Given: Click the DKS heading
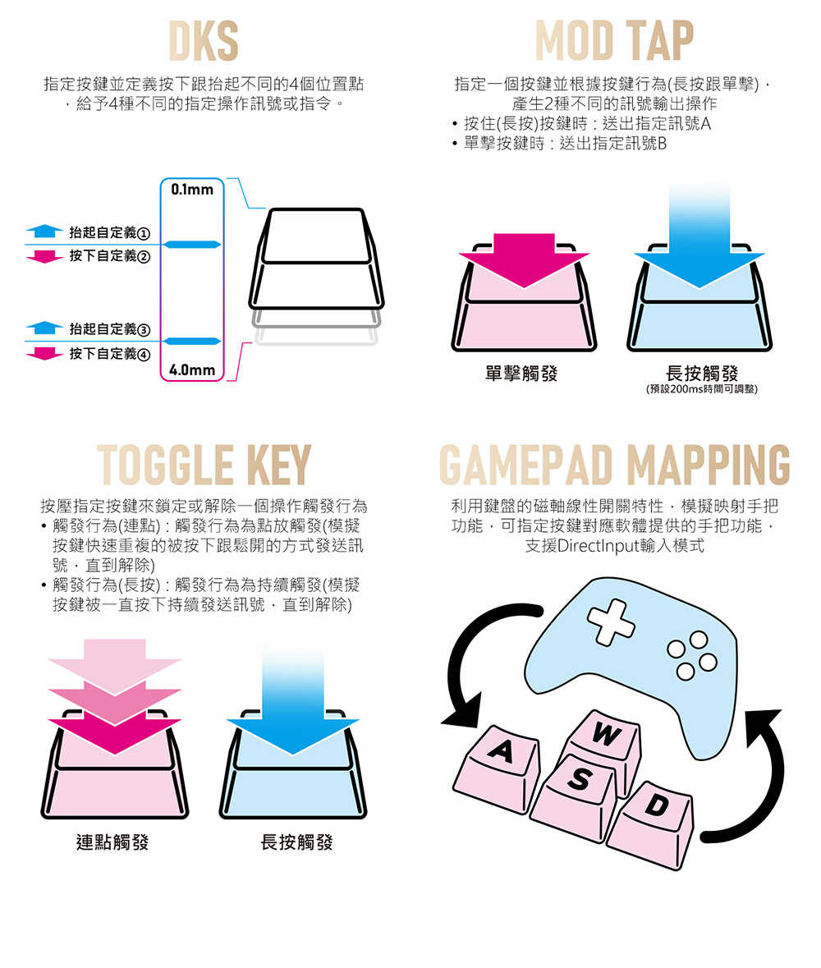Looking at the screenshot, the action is pos(203,41).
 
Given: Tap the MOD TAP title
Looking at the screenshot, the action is pos(614,41).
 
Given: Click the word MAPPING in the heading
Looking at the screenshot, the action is pos(708,464).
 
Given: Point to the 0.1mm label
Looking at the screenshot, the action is pos(192,190).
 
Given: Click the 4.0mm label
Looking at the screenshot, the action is pos(192,370).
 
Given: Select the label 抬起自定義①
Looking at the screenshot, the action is pos(109,232).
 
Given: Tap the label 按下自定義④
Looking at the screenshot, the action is pos(109,354).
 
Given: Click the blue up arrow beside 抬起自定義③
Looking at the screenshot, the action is pos(44,328).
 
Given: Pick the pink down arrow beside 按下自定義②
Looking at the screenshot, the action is pos(44,256).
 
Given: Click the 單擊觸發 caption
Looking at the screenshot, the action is pos(521,374).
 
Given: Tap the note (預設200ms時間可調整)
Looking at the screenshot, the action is pos(701,389).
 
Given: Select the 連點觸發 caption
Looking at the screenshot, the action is pos(112,842).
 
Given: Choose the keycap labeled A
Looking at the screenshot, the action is pos(499,764).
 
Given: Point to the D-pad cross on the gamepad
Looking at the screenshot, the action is pos(611,622).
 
